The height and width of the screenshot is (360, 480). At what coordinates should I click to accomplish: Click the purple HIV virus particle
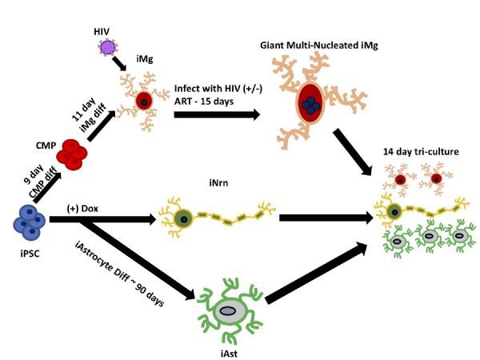pyautogui.click(x=108, y=47)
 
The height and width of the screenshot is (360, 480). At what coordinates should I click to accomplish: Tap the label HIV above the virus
pyautogui.click(x=102, y=31)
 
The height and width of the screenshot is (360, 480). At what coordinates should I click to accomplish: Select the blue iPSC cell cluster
pyautogui.click(x=30, y=222)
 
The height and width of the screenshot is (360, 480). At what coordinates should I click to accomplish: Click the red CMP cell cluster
pyautogui.click(x=72, y=155)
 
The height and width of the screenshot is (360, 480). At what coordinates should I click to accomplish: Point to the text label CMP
pyautogui.click(x=46, y=146)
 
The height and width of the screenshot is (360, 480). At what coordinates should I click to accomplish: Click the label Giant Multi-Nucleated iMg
pyautogui.click(x=319, y=46)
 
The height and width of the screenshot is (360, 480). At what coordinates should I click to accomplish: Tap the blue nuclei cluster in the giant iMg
pyautogui.click(x=310, y=105)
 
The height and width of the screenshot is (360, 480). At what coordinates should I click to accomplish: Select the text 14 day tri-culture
pyautogui.click(x=421, y=151)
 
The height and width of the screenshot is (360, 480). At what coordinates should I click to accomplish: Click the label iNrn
pyautogui.click(x=218, y=183)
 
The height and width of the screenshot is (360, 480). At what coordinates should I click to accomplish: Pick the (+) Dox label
pyautogui.click(x=82, y=209)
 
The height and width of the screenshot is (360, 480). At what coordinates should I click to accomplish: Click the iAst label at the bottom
pyautogui.click(x=229, y=354)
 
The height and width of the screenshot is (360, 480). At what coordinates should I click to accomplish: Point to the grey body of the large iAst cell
pyautogui.click(x=228, y=311)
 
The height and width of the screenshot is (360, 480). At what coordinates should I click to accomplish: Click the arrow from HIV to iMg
pyautogui.click(x=119, y=64)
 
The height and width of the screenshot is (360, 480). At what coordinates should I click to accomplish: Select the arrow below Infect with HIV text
pyautogui.click(x=217, y=114)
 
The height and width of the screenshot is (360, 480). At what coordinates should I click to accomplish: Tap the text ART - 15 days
pyautogui.click(x=204, y=102)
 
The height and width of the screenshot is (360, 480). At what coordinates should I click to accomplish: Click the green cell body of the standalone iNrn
pyautogui.click(x=183, y=219)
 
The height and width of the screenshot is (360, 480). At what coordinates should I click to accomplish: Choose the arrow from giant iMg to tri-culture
pyautogui.click(x=353, y=152)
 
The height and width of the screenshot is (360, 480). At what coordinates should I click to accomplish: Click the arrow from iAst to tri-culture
pyautogui.click(x=317, y=273)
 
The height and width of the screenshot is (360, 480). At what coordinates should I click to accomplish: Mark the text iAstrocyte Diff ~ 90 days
pyautogui.click(x=119, y=274)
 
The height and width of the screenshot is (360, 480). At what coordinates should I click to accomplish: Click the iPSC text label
pyautogui.click(x=30, y=254)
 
